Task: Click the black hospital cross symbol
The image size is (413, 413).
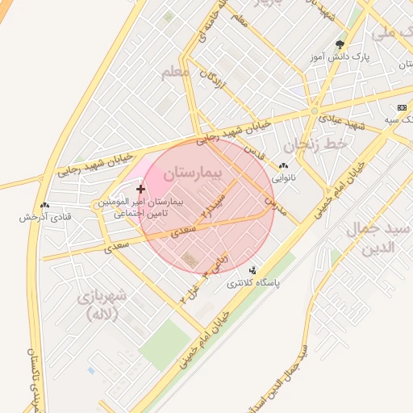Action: (140, 188)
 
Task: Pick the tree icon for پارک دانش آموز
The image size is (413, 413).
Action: (339, 45)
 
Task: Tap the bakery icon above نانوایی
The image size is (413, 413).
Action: (283, 165)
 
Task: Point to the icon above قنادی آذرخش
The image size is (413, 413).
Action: (44, 205)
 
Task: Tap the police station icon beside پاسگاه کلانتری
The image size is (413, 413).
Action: (252, 271)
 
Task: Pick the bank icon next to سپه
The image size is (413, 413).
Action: (402, 107)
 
